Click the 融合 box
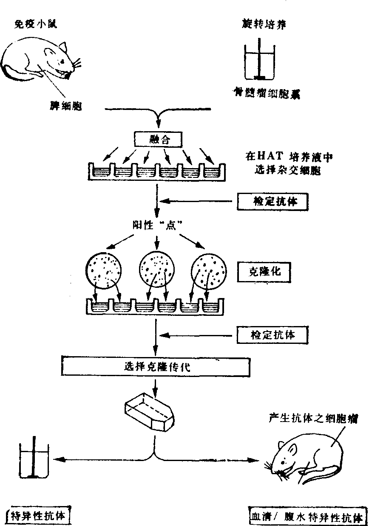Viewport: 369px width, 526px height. click(158, 139)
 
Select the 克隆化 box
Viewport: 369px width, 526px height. click(264, 272)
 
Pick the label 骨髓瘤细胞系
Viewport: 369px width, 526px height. click(266, 93)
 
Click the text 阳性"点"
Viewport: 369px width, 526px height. click(157, 225)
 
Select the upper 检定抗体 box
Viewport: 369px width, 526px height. click(272, 202)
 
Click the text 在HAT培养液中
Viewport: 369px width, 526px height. click(289, 157)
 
